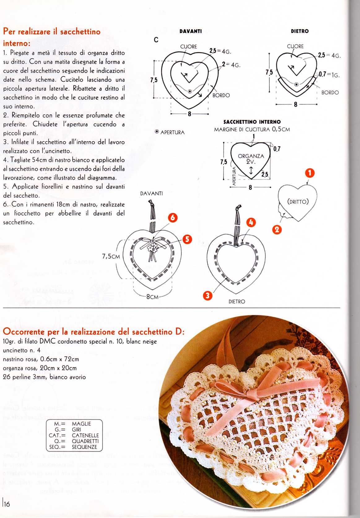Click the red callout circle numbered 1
[310, 173]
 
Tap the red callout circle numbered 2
[277, 230]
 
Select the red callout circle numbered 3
[207, 296]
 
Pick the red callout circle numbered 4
[251, 222]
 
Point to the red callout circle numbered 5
[187, 239]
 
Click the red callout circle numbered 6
[172, 218]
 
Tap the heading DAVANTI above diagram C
[190, 31]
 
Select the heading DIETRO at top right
[299, 31]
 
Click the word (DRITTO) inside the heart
[298, 202]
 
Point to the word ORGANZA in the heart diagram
[251, 156]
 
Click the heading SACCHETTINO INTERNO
[252, 122]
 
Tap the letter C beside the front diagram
[156, 40]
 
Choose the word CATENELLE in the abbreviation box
[85, 435]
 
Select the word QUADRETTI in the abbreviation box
[85, 441]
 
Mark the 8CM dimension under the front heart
[152, 297]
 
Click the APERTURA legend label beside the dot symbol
[172, 132]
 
